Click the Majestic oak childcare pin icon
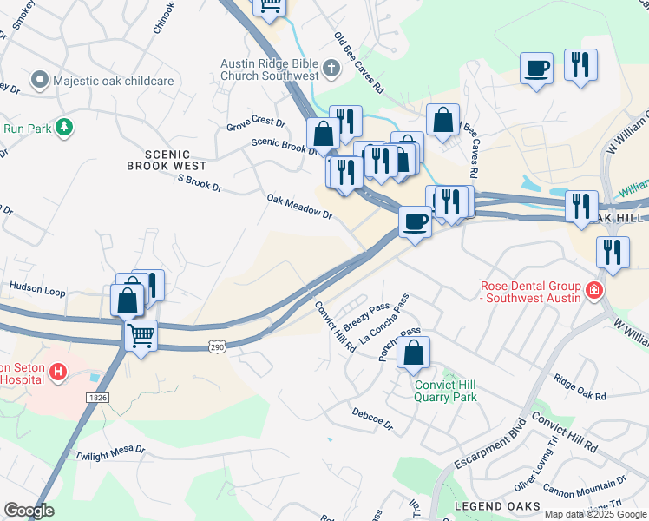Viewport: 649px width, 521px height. pyautogui.click(x=39, y=81)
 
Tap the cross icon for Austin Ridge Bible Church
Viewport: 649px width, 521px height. pyautogui.click(x=331, y=67)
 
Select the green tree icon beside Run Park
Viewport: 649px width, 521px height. pyautogui.click(x=63, y=128)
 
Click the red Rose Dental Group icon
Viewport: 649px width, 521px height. pyautogui.click(x=594, y=289)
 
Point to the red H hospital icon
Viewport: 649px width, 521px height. pyautogui.click(x=58, y=373)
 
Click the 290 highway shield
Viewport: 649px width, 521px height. pyautogui.click(x=216, y=347)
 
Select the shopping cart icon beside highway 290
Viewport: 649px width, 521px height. pyautogui.click(x=141, y=334)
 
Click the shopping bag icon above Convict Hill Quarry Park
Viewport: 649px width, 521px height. pyautogui.click(x=416, y=352)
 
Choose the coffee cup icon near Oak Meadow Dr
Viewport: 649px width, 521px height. pyautogui.click(x=416, y=221)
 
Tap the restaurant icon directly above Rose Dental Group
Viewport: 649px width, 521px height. pyautogui.click(x=613, y=252)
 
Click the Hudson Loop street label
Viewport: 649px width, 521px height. pyautogui.click(x=37, y=286)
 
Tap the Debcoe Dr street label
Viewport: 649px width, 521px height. pyautogui.click(x=372, y=419)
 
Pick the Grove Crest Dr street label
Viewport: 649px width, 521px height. pyautogui.click(x=256, y=123)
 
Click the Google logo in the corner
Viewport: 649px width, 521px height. pyautogui.click(x=29, y=511)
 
